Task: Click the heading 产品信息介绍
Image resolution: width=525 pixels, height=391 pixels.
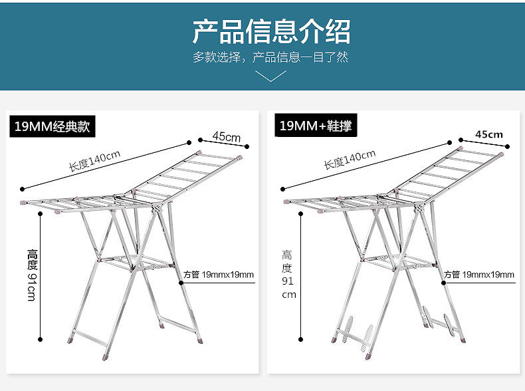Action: click(270, 31)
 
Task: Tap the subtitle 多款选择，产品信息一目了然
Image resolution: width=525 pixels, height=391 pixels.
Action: click(270, 57)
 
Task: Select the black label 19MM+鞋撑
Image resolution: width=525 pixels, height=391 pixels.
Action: click(315, 126)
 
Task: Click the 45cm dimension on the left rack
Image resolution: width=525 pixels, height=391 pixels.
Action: click(226, 137)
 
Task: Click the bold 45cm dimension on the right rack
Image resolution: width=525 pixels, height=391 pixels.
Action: click(489, 134)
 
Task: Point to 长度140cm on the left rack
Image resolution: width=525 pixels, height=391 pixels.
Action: click(94, 160)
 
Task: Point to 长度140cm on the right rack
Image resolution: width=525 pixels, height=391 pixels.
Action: click(350, 160)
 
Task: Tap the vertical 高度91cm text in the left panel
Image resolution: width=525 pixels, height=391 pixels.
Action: click(31, 275)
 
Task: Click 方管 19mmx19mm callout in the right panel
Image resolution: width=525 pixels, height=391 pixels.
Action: click(478, 275)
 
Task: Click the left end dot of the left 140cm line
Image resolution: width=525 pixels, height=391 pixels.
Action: click(22, 188)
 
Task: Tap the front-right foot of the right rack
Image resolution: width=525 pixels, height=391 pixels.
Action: click(462, 340)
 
